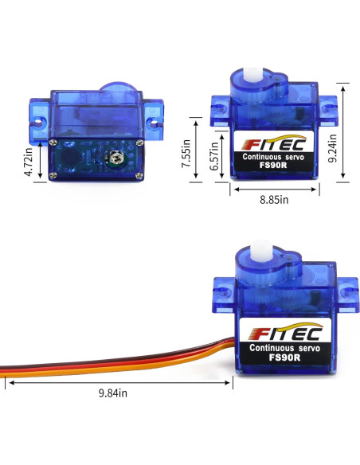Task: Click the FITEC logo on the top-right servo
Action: [x=272, y=146]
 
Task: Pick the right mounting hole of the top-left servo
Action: [x=153, y=123]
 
